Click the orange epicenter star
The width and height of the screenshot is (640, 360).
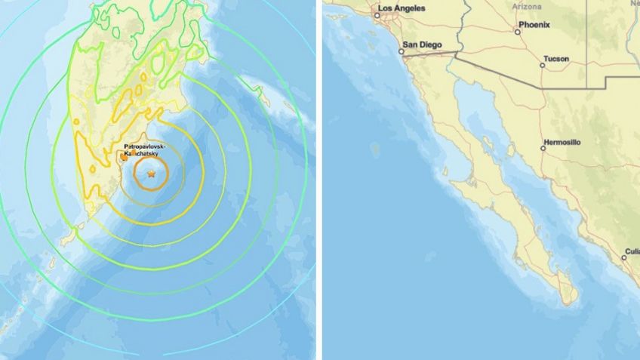[x=152, y=174]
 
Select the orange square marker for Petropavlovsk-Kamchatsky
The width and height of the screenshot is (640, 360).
[x=123, y=157]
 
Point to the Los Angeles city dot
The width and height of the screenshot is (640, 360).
[x=377, y=14]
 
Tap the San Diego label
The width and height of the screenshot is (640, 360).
[x=422, y=45]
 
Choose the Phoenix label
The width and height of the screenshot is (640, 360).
[x=534, y=25]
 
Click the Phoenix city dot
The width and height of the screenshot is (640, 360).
[x=518, y=32]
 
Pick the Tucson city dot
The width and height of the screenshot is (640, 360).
[x=543, y=65]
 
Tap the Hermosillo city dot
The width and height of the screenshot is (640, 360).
[x=543, y=148]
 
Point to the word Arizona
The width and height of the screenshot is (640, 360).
[x=527, y=5]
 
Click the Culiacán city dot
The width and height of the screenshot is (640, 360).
[x=624, y=258]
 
